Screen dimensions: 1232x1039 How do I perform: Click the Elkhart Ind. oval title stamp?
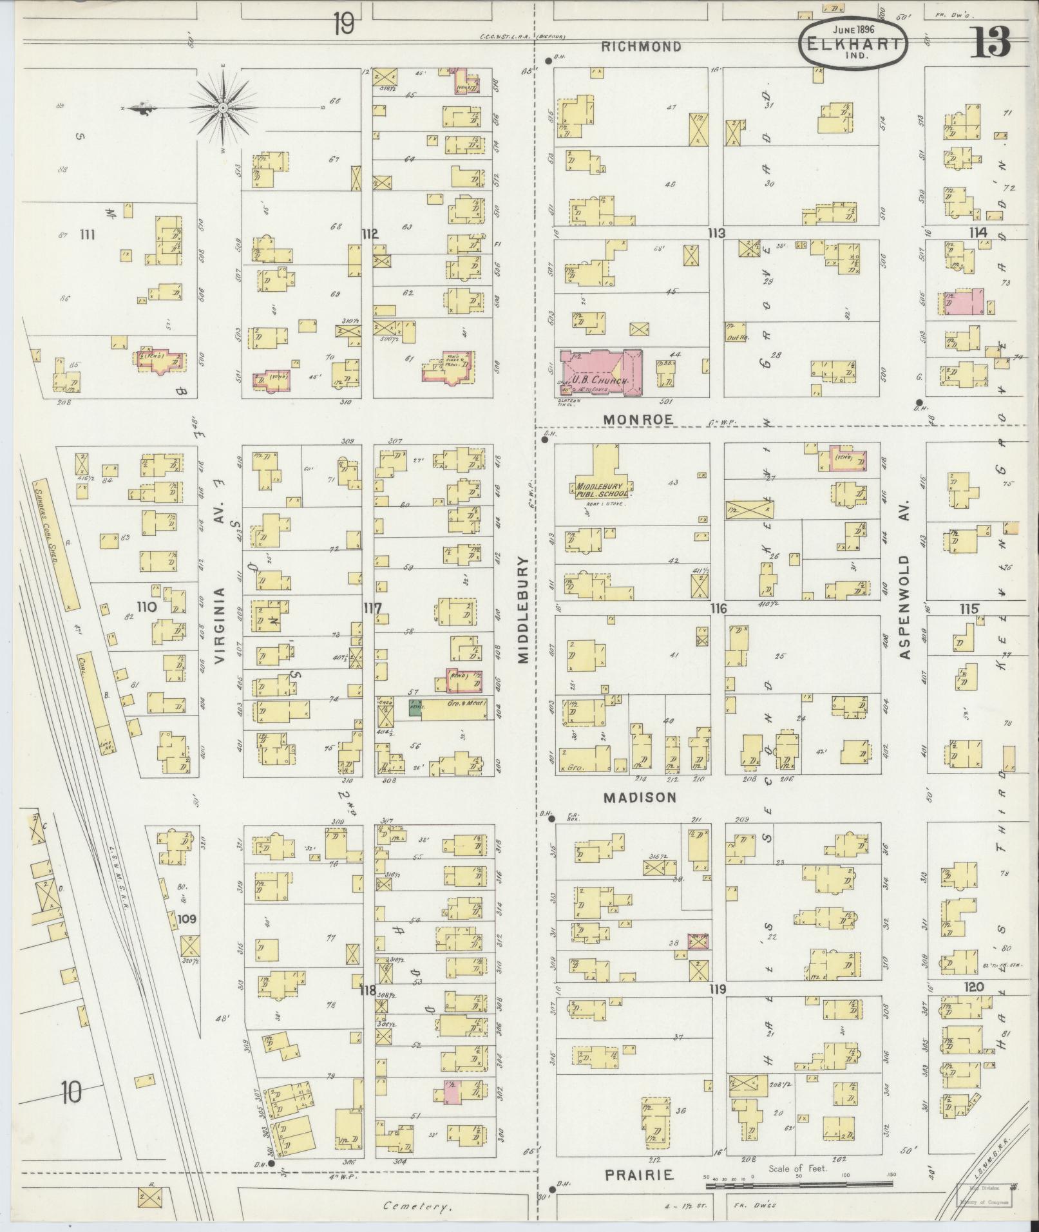(853, 42)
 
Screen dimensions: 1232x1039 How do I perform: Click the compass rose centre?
(222, 107)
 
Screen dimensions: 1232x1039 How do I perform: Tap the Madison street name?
(640, 797)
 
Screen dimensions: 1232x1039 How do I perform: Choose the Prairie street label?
(639, 1175)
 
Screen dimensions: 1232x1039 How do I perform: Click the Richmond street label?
(642, 46)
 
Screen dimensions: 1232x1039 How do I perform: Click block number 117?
(372, 609)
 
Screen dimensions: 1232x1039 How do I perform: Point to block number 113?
(716, 233)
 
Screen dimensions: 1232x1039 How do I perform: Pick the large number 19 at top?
(343, 26)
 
